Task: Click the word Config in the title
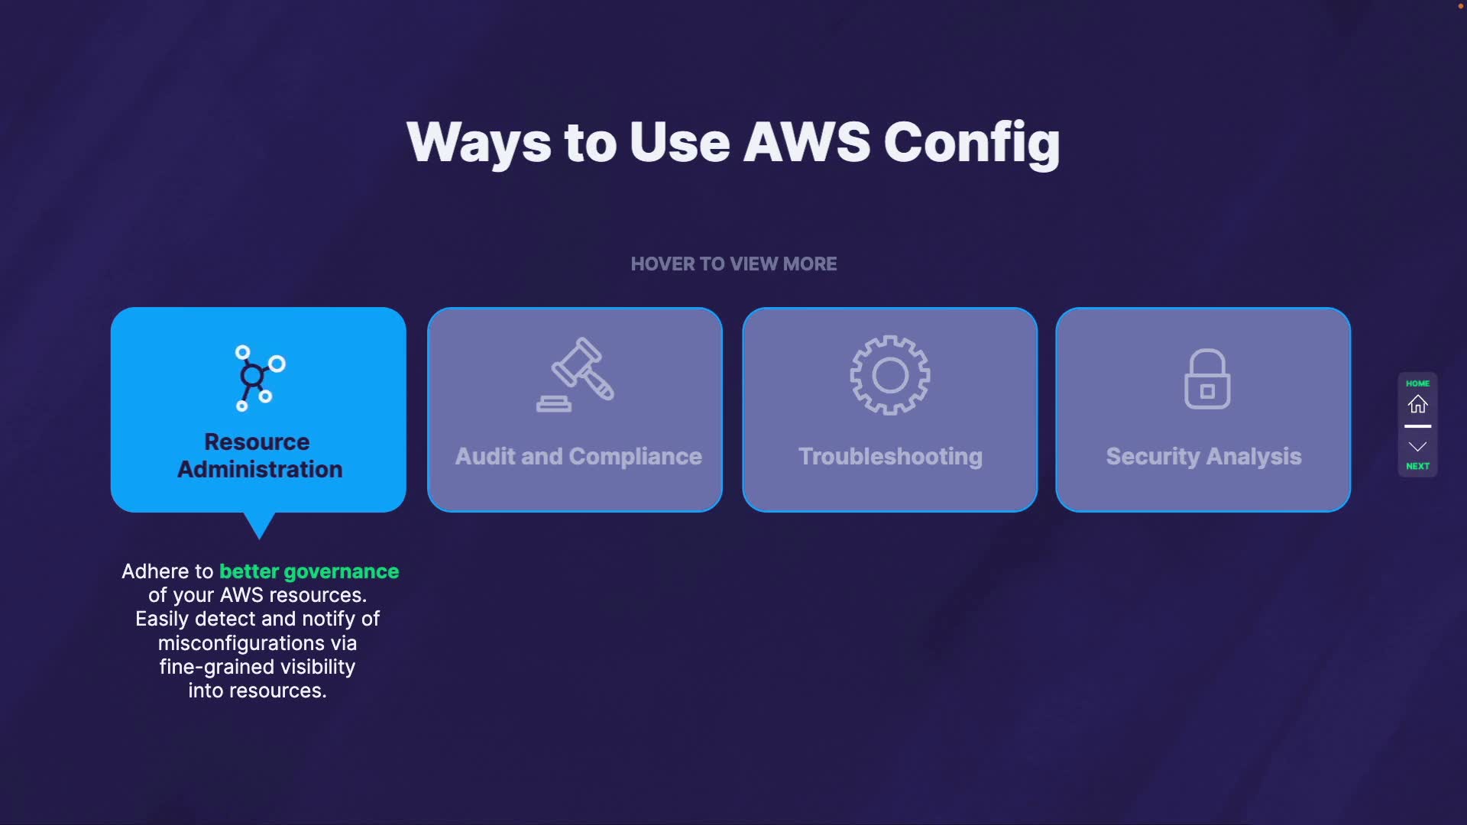972,143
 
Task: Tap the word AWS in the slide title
807,143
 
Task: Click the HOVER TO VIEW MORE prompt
733,264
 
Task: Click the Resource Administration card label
259,455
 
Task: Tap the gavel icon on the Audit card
576,375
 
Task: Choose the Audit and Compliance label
578,457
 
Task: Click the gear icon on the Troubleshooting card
890,375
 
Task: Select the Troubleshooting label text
890,457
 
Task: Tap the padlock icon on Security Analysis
1207,379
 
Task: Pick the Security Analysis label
1203,457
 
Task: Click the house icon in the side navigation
1418,404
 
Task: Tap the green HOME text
1417,383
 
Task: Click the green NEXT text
1417,466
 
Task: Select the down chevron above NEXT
1417,447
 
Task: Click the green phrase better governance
309,571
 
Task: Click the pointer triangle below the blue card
259,525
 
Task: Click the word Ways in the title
479,143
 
